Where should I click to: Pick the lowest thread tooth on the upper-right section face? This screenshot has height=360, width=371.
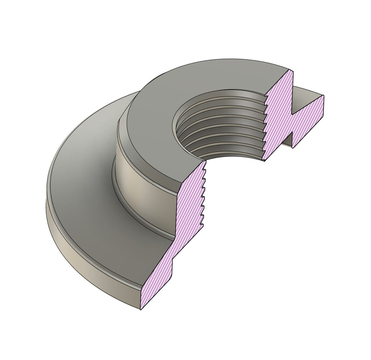coord(265,158)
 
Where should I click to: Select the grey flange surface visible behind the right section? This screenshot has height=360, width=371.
coord(306,93)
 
